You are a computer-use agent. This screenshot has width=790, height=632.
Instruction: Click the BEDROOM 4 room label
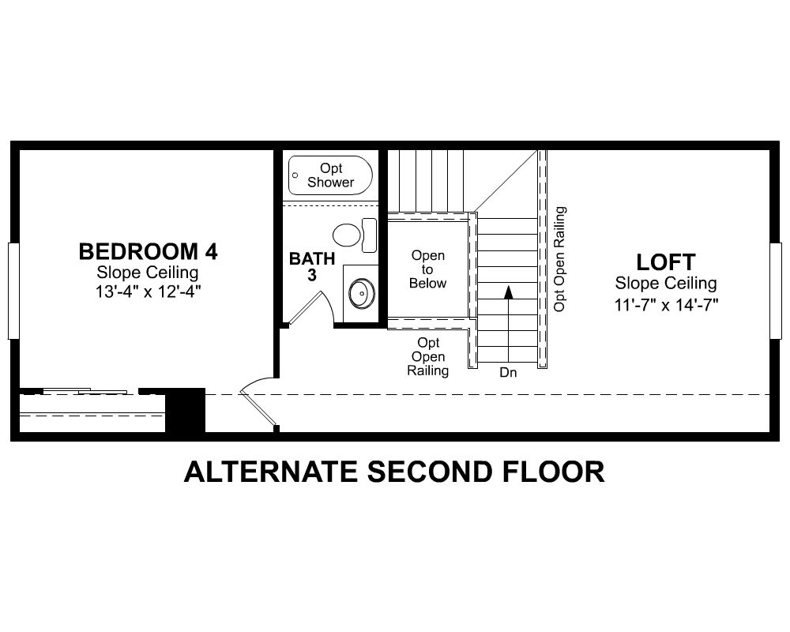pyautogui.click(x=149, y=251)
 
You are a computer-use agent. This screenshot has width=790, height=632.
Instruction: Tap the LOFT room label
pyautogui.click(x=665, y=262)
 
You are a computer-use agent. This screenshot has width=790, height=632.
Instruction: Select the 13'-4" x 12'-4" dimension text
pyautogui.click(x=149, y=292)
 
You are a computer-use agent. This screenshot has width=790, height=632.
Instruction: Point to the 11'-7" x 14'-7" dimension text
pyautogui.click(x=666, y=304)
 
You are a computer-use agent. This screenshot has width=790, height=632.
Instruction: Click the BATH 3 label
pyautogui.click(x=312, y=266)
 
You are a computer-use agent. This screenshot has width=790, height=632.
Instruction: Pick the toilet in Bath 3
pyautogui.click(x=355, y=235)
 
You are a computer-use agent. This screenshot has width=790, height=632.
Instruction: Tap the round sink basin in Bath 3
pyautogui.click(x=362, y=293)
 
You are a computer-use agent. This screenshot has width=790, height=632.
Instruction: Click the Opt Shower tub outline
pyautogui.click(x=330, y=175)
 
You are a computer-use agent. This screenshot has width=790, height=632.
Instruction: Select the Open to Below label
pyautogui.click(x=427, y=269)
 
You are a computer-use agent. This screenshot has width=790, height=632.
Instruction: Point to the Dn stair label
pyautogui.click(x=508, y=372)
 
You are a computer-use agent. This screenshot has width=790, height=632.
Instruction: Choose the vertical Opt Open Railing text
pyautogui.click(x=559, y=259)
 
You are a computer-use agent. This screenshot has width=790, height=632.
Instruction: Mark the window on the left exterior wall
pyautogui.click(x=13, y=291)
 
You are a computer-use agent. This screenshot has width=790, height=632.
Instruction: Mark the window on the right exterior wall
pyautogui.click(x=776, y=291)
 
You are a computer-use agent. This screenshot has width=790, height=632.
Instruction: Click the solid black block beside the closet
pyautogui.click(x=186, y=410)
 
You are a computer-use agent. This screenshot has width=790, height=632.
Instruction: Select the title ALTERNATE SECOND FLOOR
pyautogui.click(x=394, y=472)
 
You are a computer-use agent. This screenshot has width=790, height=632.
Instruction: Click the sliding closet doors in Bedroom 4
pyautogui.click(x=85, y=391)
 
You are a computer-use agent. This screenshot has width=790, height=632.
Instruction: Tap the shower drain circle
pyautogui.click(x=295, y=175)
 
